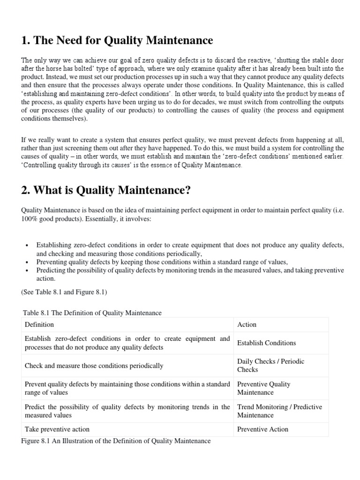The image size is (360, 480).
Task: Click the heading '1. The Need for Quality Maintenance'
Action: pyautogui.click(x=117, y=41)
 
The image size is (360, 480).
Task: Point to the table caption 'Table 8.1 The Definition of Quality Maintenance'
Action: pyautogui.click(x=92, y=313)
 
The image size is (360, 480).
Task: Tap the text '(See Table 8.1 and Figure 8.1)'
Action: pyautogui.click(x=64, y=292)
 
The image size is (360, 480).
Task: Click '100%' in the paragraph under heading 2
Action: pyautogui.click(x=29, y=219)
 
